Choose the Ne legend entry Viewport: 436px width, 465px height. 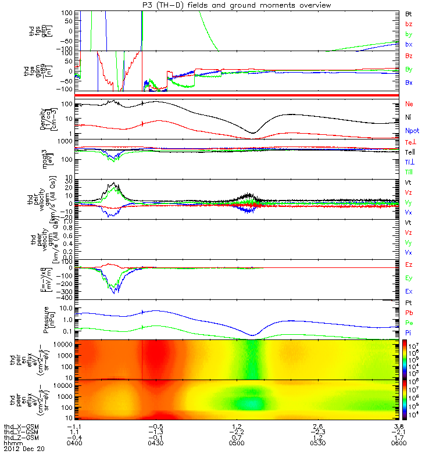[409, 105]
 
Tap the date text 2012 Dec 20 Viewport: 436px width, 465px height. [24, 449]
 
